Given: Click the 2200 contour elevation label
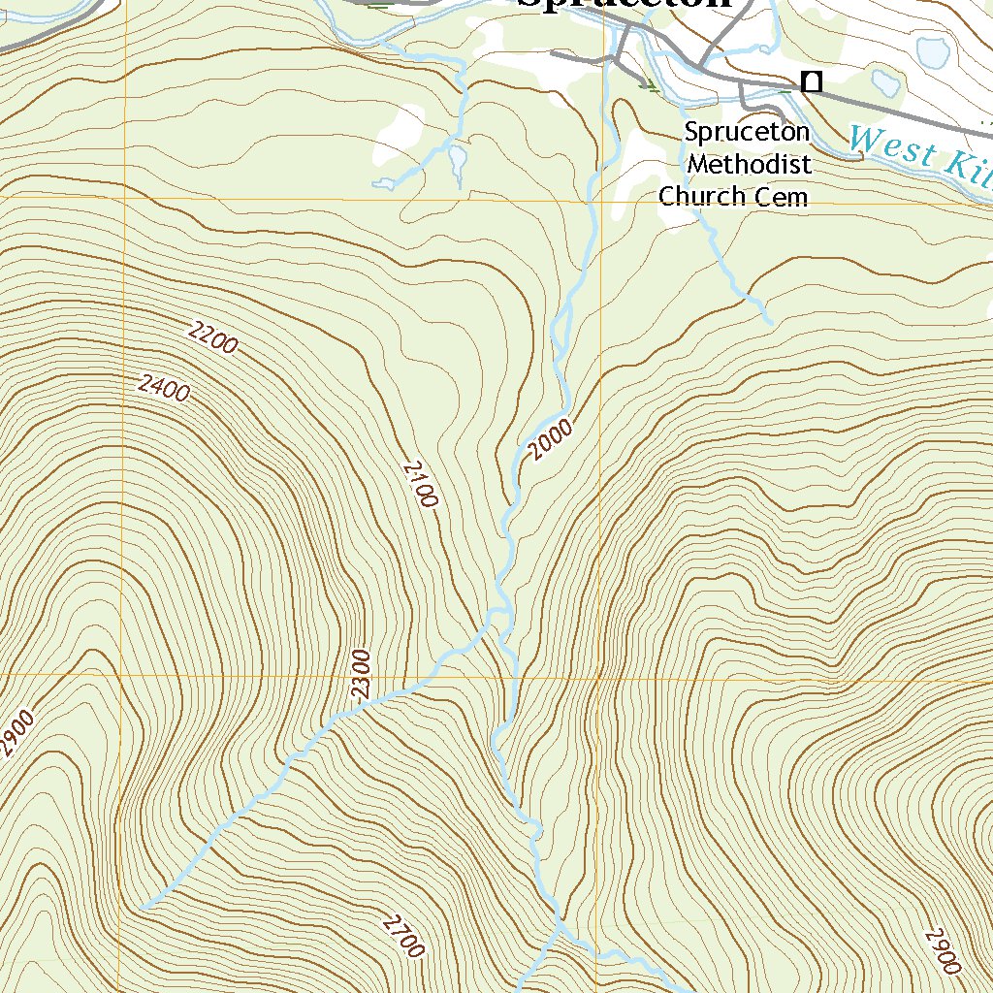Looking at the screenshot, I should (213, 340).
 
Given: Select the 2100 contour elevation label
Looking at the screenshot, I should (420, 484).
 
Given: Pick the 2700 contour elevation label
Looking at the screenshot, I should (403, 935).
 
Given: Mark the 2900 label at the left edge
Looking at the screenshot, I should (16, 733).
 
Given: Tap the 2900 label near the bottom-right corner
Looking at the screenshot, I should (943, 951).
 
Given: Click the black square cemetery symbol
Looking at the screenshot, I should (812, 82).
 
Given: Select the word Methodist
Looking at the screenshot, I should (749, 164).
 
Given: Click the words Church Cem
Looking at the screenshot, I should (733, 197).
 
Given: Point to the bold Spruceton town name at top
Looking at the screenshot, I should (623, 4).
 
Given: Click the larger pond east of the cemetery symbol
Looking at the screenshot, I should (933, 51).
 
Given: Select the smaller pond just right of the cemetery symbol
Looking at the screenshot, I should (884, 80).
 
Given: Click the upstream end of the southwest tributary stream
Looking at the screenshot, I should (144, 907).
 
